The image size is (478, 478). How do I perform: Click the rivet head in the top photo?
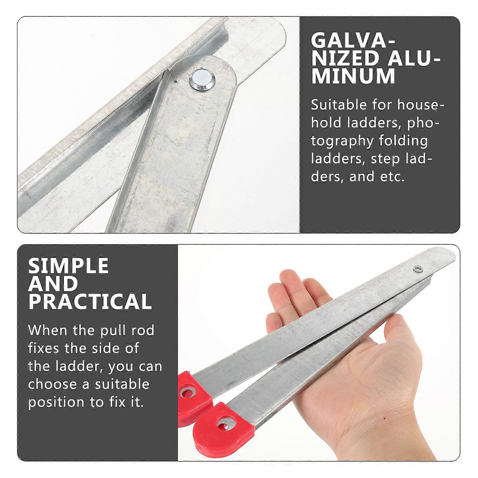coord(201,80)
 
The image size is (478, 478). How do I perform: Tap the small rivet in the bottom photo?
coord(417,269)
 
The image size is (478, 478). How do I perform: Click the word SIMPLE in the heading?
coord(68,266)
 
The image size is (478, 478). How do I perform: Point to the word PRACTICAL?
coord(90,301)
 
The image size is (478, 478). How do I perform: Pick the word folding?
coord(403,141)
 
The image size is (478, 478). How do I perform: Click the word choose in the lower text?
coord(51,384)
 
